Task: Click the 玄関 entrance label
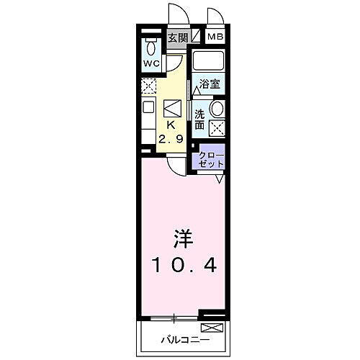(176, 37)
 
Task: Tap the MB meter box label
(215, 37)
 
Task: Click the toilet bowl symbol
(151, 48)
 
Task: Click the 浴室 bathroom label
(210, 84)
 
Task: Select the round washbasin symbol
(217, 109)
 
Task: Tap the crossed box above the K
(173, 108)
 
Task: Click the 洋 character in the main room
(180, 237)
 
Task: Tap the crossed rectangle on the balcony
(217, 328)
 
